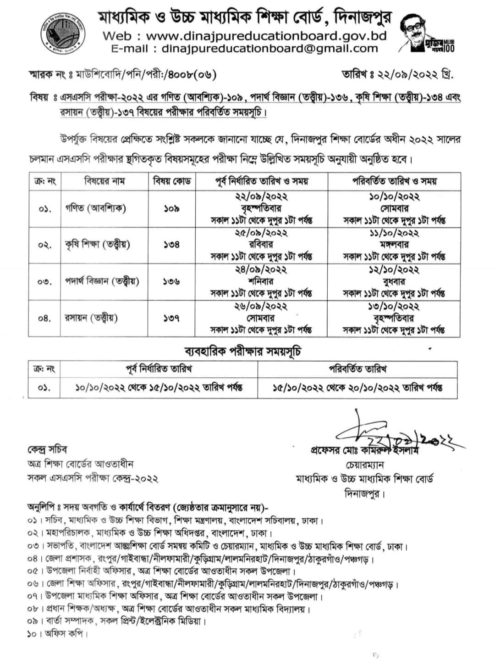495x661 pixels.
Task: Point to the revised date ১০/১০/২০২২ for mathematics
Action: click(395, 197)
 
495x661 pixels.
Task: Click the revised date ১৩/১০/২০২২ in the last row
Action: click(395, 306)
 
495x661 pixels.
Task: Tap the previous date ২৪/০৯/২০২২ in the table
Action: click(261, 270)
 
